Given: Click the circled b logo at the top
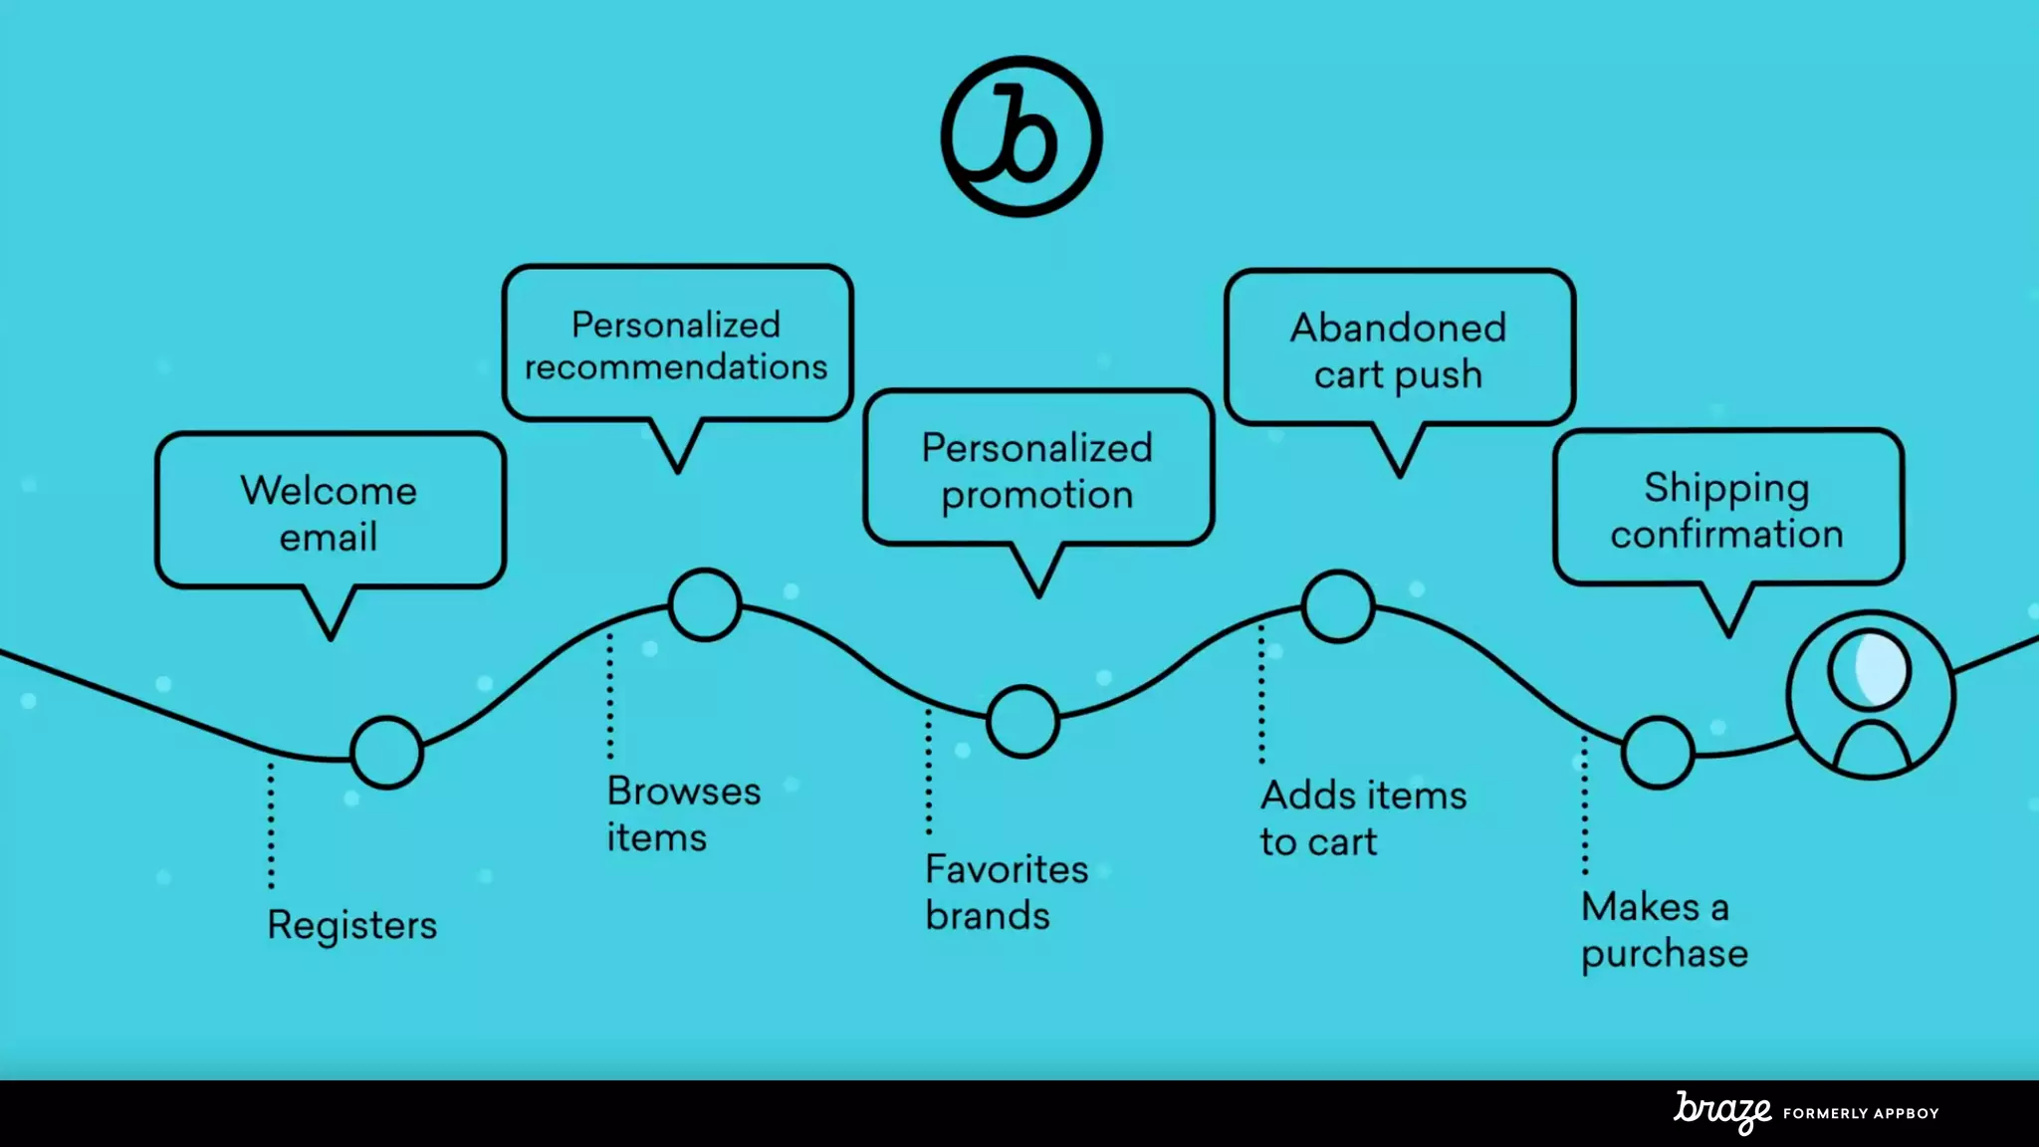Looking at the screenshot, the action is coord(1021,136).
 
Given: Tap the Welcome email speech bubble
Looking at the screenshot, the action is coord(330,512).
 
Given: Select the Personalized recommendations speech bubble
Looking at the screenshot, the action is coord(677,344).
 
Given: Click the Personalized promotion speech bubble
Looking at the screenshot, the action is coord(1037,469).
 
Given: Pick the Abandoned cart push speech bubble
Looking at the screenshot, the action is coord(1399,349).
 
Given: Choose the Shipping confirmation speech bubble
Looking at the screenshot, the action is coord(1727,509).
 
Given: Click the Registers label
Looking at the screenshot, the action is coord(352,925).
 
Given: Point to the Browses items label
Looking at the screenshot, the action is coord(684,814).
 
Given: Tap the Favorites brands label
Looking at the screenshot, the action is coord(1007,892).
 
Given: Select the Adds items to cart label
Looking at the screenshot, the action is coord(1363,818).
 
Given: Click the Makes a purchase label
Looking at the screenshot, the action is coord(1664,930).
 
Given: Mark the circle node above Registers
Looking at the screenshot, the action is coord(387,753).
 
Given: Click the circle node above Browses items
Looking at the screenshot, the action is coord(705,604).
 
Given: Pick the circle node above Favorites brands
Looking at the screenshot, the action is coord(1022,722).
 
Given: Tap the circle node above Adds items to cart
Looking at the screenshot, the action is coord(1338,606).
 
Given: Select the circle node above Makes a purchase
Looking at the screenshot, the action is coord(1658,753).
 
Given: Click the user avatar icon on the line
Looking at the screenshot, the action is coord(1871,695).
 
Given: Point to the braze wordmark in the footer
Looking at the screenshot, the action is coord(1722,1111).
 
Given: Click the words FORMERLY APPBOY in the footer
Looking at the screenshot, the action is coord(1861,1113).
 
